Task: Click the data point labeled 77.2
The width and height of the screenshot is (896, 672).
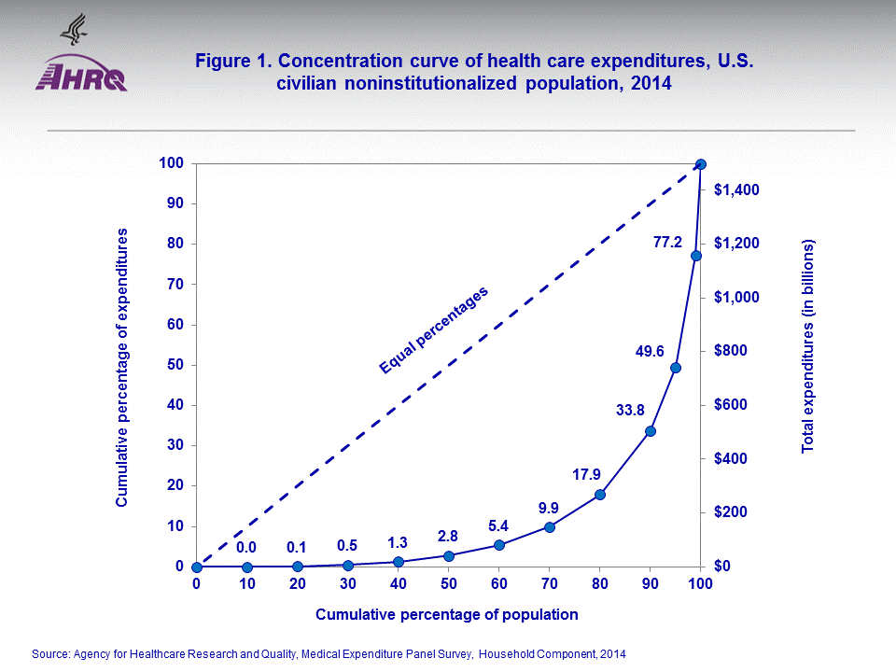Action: pos(695,256)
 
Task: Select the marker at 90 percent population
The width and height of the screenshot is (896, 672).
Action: pos(651,431)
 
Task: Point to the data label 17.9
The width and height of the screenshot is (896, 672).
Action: pos(585,474)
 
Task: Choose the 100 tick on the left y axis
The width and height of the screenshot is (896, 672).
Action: pos(173,163)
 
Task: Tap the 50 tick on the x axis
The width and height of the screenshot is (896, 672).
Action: pos(449,583)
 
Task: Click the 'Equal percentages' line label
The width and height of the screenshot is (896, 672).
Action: pos(434,330)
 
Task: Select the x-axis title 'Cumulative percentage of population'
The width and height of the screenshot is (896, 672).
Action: pos(447,614)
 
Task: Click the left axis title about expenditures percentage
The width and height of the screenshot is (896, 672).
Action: pos(121,366)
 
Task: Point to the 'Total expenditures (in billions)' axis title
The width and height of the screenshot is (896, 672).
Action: pos(808,345)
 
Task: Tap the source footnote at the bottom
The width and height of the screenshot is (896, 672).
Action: pos(329,654)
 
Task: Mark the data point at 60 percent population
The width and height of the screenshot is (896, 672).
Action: pos(499,545)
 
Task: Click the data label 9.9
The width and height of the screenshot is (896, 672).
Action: pos(548,508)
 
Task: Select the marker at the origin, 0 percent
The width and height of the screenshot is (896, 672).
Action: pos(197,567)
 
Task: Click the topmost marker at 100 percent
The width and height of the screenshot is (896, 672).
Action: pos(701,164)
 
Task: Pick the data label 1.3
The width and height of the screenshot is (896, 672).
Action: pos(398,542)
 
